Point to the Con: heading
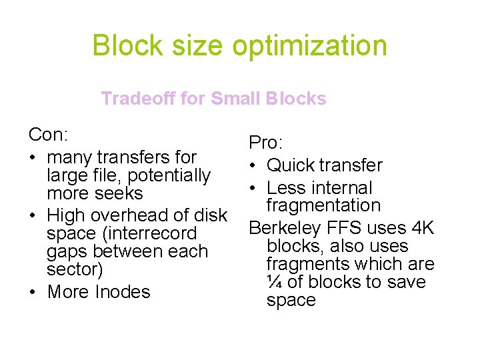(x=49, y=135)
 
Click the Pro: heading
(x=266, y=143)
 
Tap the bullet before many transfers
(x=33, y=158)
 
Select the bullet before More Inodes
(x=33, y=292)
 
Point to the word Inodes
(x=123, y=292)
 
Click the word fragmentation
(x=323, y=206)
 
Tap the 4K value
(x=423, y=228)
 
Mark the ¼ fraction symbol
(x=274, y=283)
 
